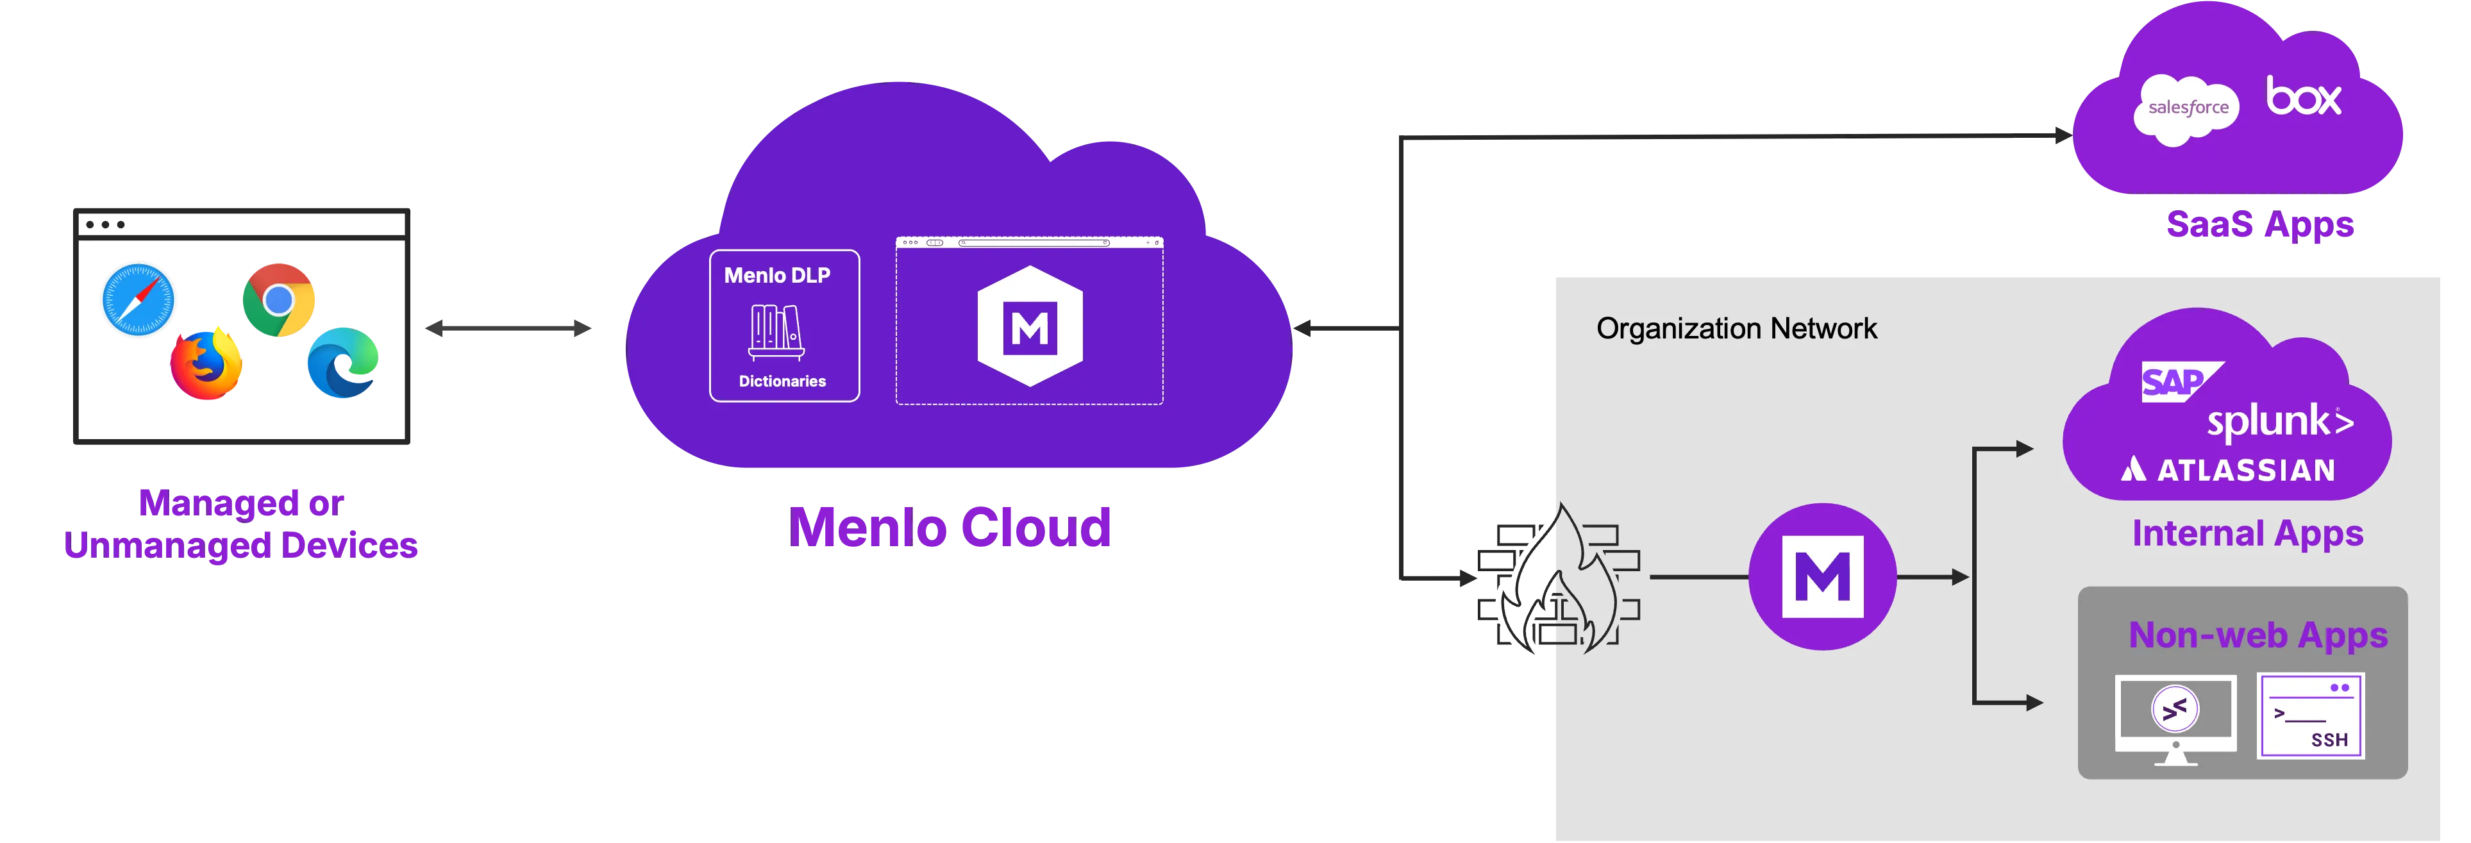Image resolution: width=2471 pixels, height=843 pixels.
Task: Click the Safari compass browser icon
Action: tap(138, 298)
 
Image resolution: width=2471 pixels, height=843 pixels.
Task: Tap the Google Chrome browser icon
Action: tap(278, 300)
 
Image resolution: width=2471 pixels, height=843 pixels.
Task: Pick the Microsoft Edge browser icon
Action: tap(342, 362)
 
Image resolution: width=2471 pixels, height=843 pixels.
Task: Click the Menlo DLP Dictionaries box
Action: tap(783, 326)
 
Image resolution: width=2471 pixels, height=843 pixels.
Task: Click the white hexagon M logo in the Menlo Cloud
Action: tap(1029, 326)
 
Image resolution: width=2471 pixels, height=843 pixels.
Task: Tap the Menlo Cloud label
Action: tap(950, 526)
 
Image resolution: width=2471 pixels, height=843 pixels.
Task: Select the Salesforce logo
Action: tap(2187, 108)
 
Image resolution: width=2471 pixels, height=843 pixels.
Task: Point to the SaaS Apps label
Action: tap(2259, 226)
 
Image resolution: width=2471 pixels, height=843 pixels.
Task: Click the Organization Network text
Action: tap(1736, 329)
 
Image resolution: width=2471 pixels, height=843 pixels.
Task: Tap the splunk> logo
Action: tap(2279, 422)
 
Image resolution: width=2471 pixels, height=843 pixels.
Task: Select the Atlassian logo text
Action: tap(2227, 470)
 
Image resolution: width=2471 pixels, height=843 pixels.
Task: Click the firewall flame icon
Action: tap(1559, 580)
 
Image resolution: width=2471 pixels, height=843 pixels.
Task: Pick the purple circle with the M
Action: tap(1822, 576)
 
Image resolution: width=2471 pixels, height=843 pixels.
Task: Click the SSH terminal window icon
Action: tap(2310, 715)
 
